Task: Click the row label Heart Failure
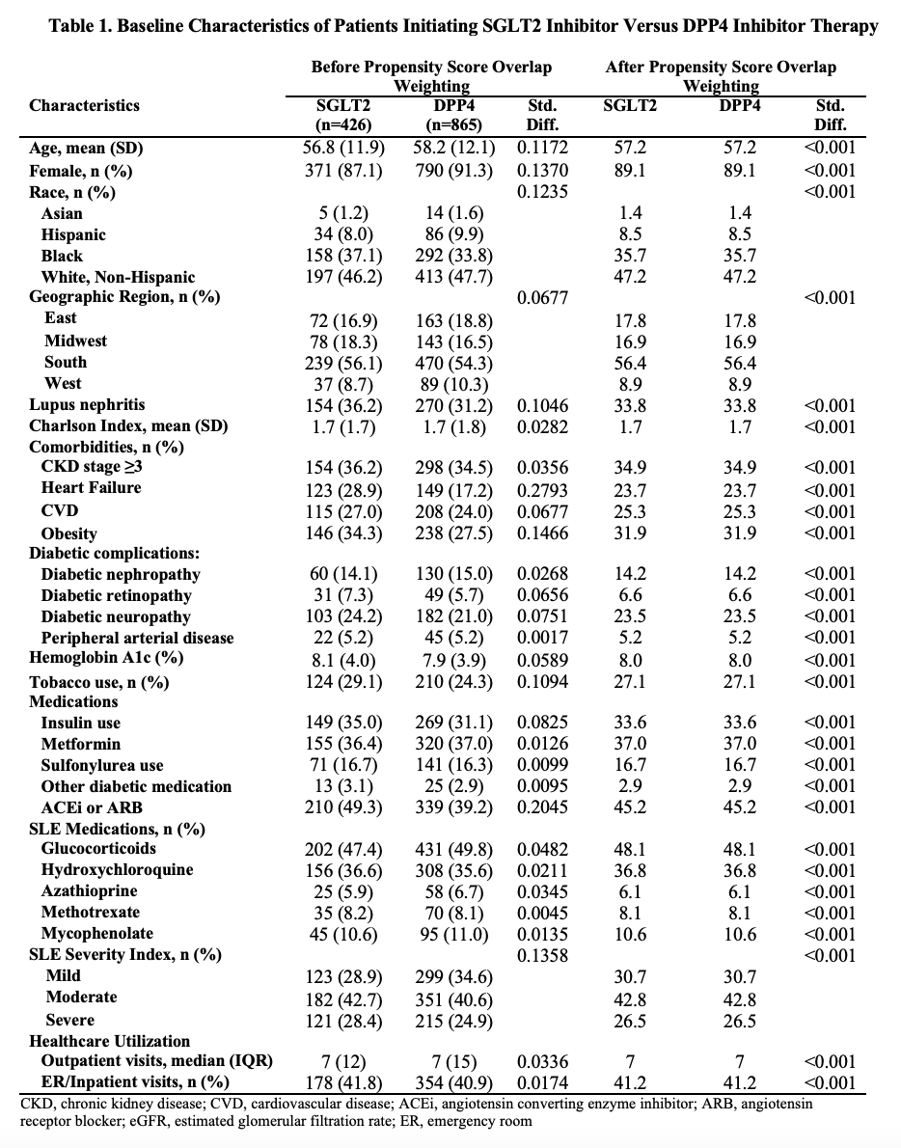tap(91, 488)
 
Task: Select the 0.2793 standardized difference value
tap(542, 489)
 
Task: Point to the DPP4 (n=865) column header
tap(456, 115)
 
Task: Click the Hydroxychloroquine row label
tap(117, 870)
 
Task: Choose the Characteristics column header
tap(84, 106)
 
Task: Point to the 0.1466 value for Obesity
tap(542, 533)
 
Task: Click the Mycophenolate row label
tap(96, 934)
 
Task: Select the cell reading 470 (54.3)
tap(456, 363)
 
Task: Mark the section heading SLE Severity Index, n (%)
tap(125, 955)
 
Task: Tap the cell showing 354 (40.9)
tap(456, 1081)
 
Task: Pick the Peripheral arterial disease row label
tap(137, 638)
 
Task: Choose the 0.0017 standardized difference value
tap(542, 638)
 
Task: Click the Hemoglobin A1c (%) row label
tap(106, 659)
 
